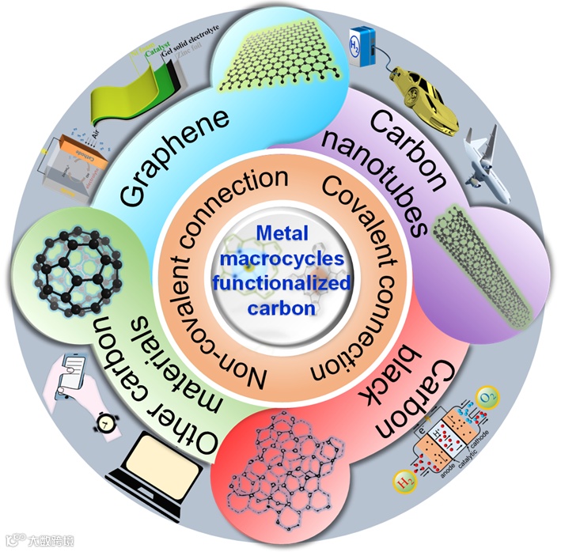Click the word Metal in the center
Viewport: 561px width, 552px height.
click(281, 235)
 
